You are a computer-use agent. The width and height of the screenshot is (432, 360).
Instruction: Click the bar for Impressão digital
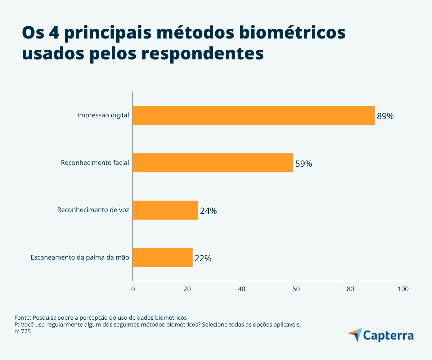tap(254, 116)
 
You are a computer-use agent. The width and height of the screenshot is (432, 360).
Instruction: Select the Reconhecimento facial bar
tap(213, 163)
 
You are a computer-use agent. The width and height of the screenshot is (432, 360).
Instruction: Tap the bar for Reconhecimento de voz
tap(165, 210)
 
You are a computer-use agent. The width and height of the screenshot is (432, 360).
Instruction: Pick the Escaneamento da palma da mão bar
tap(163, 257)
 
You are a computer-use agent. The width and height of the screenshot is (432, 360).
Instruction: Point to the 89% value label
tap(385, 116)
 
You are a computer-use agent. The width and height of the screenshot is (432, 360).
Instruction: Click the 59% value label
tap(303, 164)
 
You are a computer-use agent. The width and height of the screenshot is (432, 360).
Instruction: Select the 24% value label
tap(208, 211)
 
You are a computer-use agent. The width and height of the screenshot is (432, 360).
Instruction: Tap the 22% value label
tap(203, 258)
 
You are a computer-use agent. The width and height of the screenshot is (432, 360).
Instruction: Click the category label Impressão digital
tap(103, 116)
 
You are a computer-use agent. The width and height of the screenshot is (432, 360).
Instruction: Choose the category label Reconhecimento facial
tap(95, 163)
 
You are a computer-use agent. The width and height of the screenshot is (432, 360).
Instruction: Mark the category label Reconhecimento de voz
tap(93, 210)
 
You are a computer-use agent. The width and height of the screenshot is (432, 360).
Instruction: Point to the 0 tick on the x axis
tap(133, 289)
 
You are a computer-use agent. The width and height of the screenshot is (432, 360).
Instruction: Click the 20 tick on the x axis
tap(187, 289)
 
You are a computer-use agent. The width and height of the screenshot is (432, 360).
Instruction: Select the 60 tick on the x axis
tap(296, 289)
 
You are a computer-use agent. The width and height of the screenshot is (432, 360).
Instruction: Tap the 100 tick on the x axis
tap(403, 289)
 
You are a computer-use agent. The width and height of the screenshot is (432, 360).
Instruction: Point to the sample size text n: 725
tap(23, 332)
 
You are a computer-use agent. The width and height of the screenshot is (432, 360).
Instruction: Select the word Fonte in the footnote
tap(23, 318)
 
